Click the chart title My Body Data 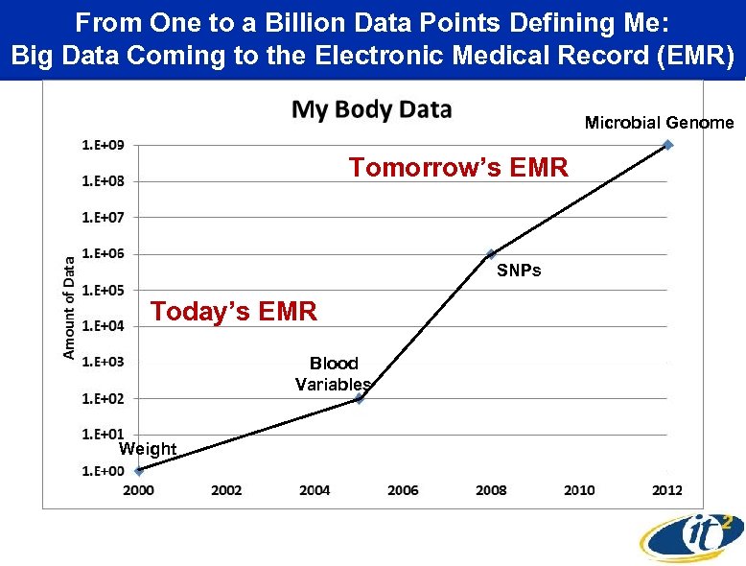pyautogui.click(x=371, y=109)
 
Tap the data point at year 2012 pyautogui.click(x=667, y=145)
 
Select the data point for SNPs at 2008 pyautogui.click(x=490, y=254)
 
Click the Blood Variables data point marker pyautogui.click(x=359, y=398)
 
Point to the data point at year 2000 pyautogui.click(x=139, y=470)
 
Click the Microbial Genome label pyautogui.click(x=660, y=123)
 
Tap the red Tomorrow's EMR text pyautogui.click(x=458, y=169)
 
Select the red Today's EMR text pyautogui.click(x=234, y=312)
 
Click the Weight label pyautogui.click(x=148, y=449)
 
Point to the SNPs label pyautogui.click(x=519, y=271)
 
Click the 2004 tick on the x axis pyautogui.click(x=315, y=491)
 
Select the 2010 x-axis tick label pyautogui.click(x=579, y=491)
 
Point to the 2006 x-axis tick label pyautogui.click(x=403, y=491)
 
